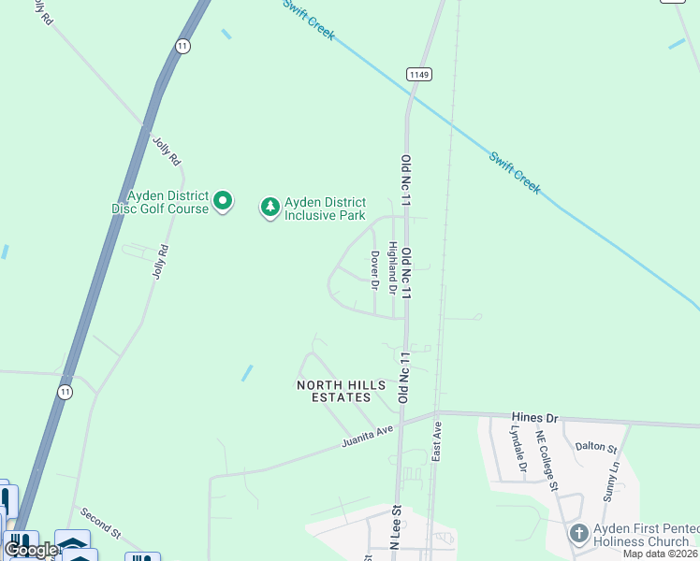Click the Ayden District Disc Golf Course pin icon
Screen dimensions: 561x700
tap(223, 201)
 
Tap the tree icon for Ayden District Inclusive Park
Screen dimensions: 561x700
tap(270, 207)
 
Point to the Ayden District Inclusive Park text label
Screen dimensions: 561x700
tap(325, 208)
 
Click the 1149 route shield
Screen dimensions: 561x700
tap(417, 73)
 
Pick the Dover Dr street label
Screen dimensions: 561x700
tap(374, 270)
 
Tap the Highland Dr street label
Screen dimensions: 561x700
tap(393, 265)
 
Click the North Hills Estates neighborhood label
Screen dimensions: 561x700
tap(334, 391)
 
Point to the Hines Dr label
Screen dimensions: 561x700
tap(534, 417)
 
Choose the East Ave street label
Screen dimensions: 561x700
tap(436, 439)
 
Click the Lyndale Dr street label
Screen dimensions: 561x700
tap(520, 453)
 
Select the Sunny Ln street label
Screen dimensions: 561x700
tap(612, 482)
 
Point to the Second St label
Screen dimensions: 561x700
tap(99, 524)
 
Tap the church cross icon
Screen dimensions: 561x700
tap(578, 534)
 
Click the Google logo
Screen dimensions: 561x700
tap(31, 550)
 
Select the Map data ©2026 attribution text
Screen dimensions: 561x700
tap(661, 554)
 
